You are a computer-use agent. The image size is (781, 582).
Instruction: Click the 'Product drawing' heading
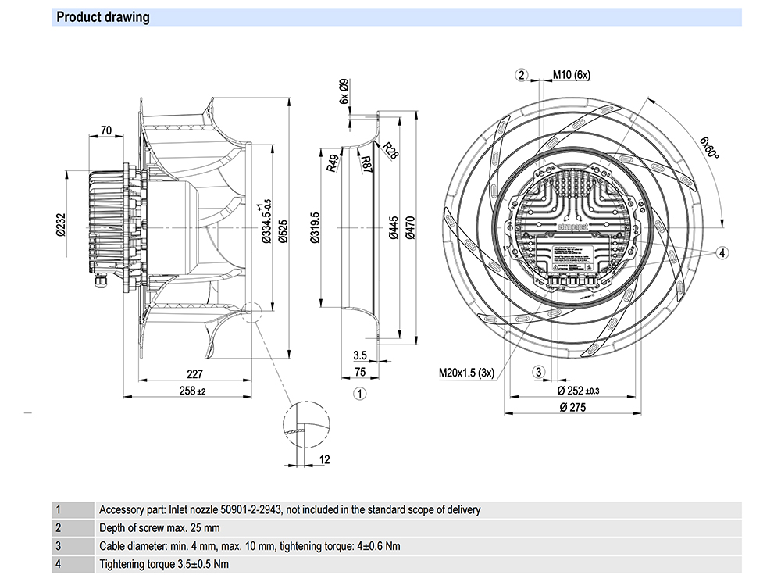coord(103,16)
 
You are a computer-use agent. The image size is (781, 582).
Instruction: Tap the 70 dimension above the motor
coord(106,131)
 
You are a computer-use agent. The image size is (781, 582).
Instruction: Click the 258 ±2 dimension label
coord(193,391)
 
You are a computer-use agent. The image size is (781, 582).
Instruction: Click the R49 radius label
coord(333,163)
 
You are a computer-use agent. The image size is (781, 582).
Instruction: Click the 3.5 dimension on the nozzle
coord(359,355)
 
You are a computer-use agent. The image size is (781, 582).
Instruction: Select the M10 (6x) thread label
coord(572,75)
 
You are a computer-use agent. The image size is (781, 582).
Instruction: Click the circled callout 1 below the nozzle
coord(359,394)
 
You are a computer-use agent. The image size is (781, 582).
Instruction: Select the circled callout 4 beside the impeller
coord(722,252)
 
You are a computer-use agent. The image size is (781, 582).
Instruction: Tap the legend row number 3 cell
coord(58,546)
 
